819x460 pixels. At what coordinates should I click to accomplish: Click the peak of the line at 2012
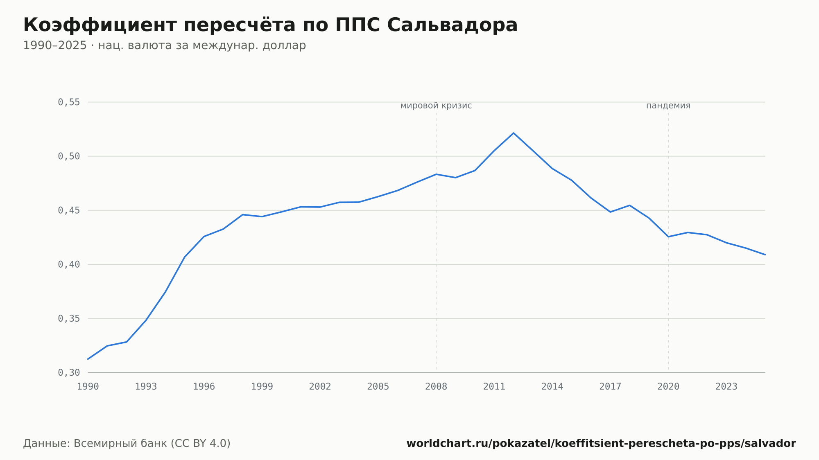coord(514,133)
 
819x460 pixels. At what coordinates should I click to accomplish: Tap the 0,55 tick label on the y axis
coord(69,102)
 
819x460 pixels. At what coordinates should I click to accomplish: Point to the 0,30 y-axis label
coord(69,373)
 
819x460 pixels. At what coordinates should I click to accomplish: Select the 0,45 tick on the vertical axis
coord(69,210)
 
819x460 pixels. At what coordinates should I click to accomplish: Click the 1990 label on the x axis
coord(88,387)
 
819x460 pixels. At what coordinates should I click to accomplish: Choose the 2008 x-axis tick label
coord(436,387)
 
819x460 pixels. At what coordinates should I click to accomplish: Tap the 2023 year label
coord(726,387)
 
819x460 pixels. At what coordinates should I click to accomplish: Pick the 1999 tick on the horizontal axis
coord(262,387)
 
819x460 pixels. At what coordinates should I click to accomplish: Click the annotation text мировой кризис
coord(436,106)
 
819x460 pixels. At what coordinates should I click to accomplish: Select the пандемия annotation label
coord(668,106)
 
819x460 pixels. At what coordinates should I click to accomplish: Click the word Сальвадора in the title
coord(452,25)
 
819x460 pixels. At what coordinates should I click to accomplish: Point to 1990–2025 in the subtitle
coord(55,45)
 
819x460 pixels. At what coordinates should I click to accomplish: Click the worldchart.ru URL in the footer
coord(601,444)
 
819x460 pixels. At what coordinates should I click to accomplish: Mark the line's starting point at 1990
coord(88,359)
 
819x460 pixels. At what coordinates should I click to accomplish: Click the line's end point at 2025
coord(765,255)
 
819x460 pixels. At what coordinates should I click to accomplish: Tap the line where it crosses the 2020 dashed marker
coord(668,237)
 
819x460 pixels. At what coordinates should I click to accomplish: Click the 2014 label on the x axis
coord(552,387)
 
